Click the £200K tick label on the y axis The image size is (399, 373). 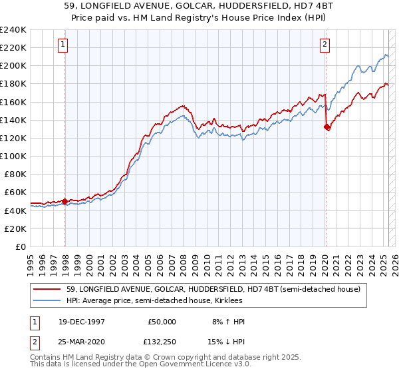click(13, 66)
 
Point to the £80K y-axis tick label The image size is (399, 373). click(15, 174)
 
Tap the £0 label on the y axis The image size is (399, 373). click(21, 246)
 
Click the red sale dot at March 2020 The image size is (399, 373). click(327, 127)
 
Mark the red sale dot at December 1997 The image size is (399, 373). click(65, 201)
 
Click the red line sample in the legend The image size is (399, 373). click(49, 289)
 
